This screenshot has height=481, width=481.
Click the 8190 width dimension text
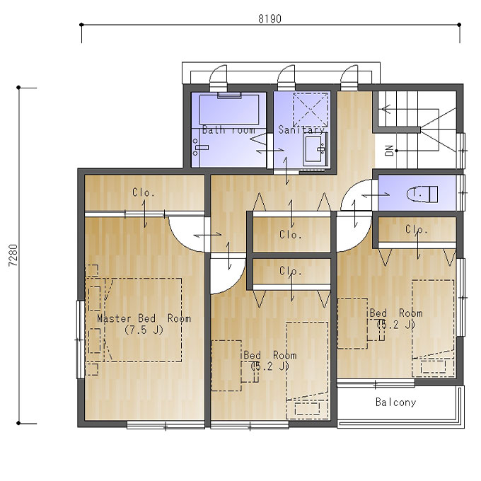click(270, 18)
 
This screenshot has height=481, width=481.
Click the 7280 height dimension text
click(13, 255)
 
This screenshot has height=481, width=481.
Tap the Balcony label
click(395, 402)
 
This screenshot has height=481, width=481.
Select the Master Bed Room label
click(144, 318)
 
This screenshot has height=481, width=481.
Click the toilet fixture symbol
click(422, 194)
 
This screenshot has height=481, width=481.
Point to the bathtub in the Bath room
click(229, 110)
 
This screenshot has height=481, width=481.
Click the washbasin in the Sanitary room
click(314, 149)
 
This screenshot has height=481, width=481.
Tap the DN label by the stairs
click(389, 151)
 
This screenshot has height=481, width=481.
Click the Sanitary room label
click(301, 129)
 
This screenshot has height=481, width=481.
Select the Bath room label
click(229, 129)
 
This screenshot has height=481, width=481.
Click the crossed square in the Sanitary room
click(310, 110)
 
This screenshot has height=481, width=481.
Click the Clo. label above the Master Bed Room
click(144, 192)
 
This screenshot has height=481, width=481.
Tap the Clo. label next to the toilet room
click(416, 229)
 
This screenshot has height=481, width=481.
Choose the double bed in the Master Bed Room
click(143, 320)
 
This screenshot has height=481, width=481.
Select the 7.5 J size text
click(144, 330)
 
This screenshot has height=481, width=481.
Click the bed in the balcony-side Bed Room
click(433, 328)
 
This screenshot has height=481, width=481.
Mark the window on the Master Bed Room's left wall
click(80, 340)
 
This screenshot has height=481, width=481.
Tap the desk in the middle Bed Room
click(226, 366)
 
